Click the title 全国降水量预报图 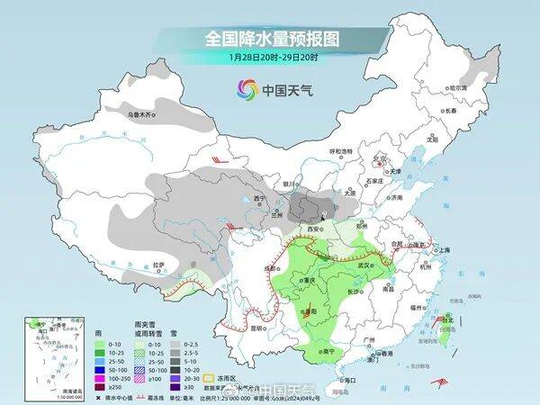(270, 39)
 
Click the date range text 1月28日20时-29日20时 (270, 58)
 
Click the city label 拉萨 (158, 265)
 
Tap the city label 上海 (444, 249)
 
